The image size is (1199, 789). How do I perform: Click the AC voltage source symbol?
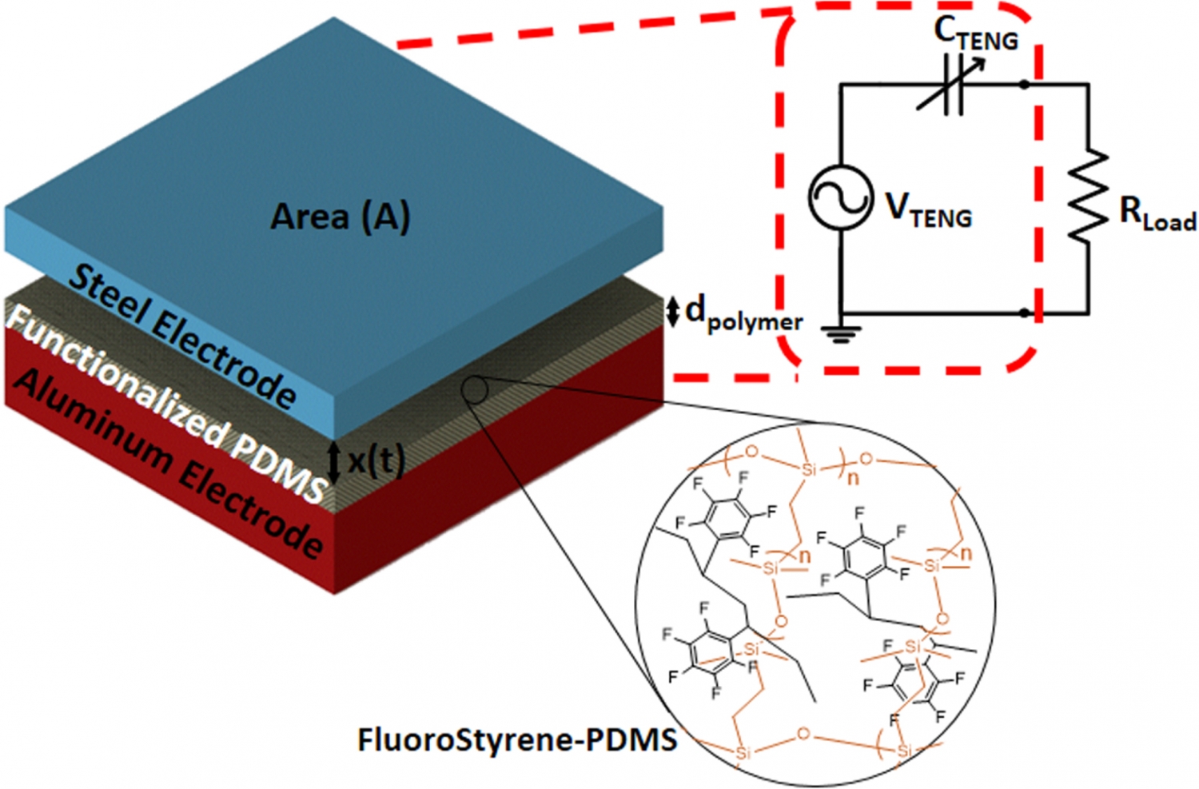tap(840, 197)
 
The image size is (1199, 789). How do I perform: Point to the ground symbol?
tap(840, 332)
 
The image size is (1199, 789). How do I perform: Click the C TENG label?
tap(976, 34)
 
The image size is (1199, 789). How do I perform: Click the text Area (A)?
tap(341, 217)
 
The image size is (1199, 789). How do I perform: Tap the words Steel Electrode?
tap(183, 335)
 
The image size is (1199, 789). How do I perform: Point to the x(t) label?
tap(376, 460)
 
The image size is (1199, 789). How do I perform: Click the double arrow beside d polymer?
tap(673, 311)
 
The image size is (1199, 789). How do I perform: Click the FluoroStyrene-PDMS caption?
tap(517, 739)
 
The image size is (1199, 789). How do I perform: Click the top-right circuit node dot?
tap(1024, 84)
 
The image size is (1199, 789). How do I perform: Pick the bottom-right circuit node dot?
tap(1024, 313)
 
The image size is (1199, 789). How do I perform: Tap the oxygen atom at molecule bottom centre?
tap(803, 734)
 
